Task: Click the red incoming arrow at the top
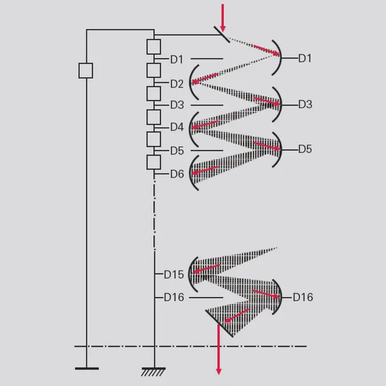tap(222, 18)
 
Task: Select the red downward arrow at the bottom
tap(218, 349)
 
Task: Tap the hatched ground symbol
tap(154, 372)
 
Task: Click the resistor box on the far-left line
tap(86, 71)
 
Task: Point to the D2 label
tap(177, 84)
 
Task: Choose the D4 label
tap(177, 127)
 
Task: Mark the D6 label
tap(177, 174)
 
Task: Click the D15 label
tap(174, 274)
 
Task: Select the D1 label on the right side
tap(305, 58)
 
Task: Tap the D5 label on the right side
tap(305, 149)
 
